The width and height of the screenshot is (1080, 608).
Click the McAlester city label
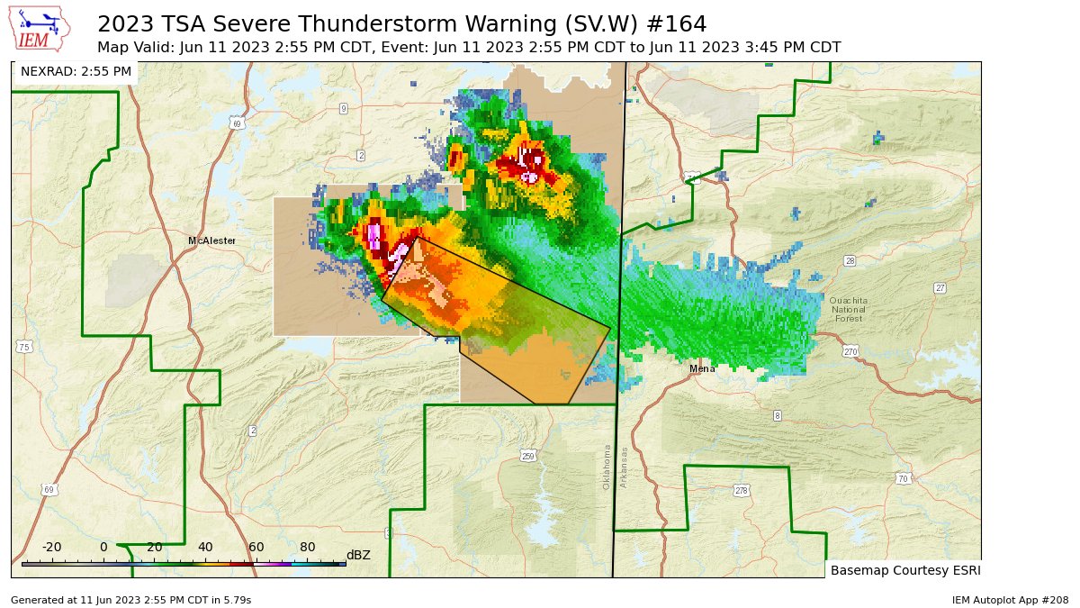click(211, 240)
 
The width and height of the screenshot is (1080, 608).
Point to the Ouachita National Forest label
click(848, 309)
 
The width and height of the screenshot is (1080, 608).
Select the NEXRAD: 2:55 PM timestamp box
click(76, 71)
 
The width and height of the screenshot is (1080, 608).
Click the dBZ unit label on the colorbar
click(358, 555)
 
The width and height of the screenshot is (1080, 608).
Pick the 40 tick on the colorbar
click(205, 547)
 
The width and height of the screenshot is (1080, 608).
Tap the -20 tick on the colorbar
click(51, 547)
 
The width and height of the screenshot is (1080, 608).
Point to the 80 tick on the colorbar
click(308, 547)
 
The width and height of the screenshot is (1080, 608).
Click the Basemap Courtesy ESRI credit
click(904, 570)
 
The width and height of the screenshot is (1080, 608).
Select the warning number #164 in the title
click(676, 23)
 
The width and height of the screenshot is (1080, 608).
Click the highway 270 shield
click(850, 351)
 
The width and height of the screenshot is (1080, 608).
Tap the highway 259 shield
click(528, 456)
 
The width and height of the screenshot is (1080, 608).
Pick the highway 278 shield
click(741, 490)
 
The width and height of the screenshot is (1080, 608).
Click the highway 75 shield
click(24, 347)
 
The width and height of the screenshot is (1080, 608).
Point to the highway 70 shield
click(903, 478)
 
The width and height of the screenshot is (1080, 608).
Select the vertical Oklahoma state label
click(607, 467)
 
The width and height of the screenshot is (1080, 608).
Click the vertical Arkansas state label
click(623, 467)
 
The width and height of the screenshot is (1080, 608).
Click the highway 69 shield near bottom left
click(49, 489)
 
